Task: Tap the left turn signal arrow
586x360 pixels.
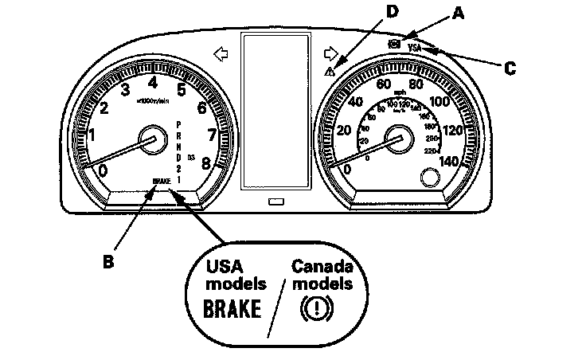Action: pos(221,53)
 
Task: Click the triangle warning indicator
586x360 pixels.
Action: pos(330,72)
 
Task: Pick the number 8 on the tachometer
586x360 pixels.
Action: pos(206,162)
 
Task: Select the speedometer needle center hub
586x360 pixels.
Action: pos(396,139)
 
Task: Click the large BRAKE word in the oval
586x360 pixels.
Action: pos(233,308)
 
